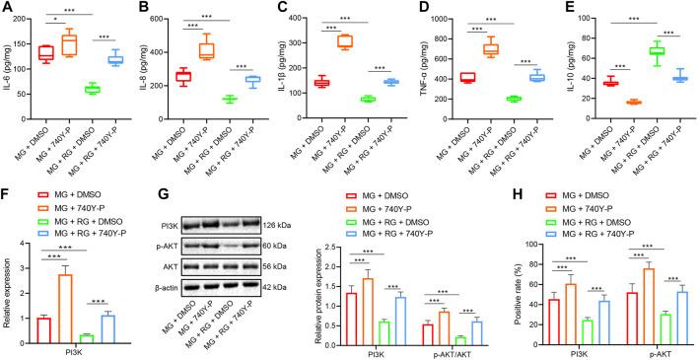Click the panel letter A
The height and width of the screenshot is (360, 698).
(7, 8)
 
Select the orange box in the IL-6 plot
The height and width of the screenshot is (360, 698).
(69, 43)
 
